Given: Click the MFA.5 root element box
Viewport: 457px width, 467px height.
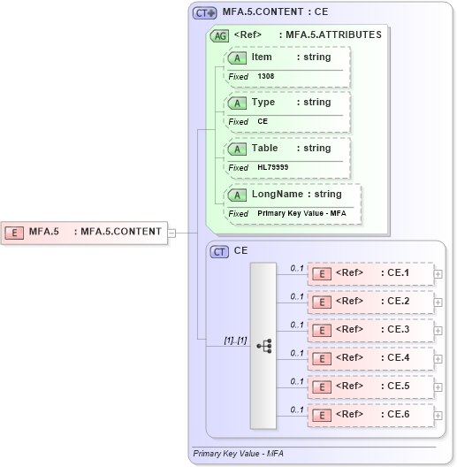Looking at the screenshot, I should [x=84, y=233].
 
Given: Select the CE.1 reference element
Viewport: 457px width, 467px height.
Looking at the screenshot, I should [x=370, y=273].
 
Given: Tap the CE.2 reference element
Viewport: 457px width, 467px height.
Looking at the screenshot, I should [x=370, y=302].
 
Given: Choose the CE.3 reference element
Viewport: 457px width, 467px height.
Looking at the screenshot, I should [x=370, y=330].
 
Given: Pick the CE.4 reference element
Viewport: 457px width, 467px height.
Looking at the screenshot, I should [x=370, y=358].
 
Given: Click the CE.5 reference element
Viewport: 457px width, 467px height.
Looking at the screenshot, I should [x=370, y=387].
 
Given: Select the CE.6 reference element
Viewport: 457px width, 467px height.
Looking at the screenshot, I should [x=370, y=415].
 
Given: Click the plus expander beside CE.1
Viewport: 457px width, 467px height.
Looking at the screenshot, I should [x=438, y=274].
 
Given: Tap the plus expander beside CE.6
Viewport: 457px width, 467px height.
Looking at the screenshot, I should [x=438, y=416].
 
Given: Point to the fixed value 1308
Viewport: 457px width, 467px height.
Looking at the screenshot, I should [x=266, y=77].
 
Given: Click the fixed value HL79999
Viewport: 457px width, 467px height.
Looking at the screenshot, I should [x=273, y=168].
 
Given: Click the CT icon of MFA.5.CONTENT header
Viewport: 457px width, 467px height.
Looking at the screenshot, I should [x=205, y=13].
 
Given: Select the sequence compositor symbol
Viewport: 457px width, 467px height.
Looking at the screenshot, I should [x=263, y=345].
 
